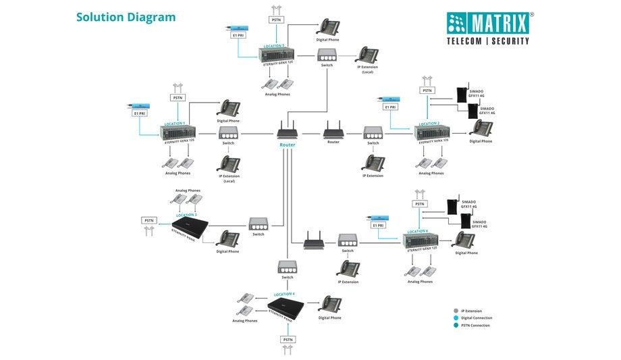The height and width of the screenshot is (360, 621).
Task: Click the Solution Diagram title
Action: pos(126,17)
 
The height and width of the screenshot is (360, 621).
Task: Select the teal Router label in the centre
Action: pos(288,145)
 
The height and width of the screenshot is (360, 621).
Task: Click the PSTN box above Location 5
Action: pos(277,20)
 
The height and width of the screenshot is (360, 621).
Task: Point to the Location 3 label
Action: pos(186,214)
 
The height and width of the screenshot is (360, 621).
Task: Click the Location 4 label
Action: pos(284,294)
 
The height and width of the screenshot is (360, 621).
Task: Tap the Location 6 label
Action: pos(417,231)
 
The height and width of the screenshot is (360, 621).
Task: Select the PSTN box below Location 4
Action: pos(288,338)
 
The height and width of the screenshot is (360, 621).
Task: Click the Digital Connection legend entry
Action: pos(477,318)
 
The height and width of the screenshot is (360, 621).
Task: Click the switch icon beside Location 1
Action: pos(228,133)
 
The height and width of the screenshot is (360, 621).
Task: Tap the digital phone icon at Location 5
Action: pos(328,27)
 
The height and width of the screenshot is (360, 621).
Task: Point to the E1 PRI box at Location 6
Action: pos(379,225)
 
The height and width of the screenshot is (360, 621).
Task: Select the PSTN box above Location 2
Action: pos(427,91)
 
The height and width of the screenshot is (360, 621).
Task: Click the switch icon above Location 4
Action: pos(288,267)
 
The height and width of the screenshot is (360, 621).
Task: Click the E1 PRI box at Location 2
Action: pos(390,107)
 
